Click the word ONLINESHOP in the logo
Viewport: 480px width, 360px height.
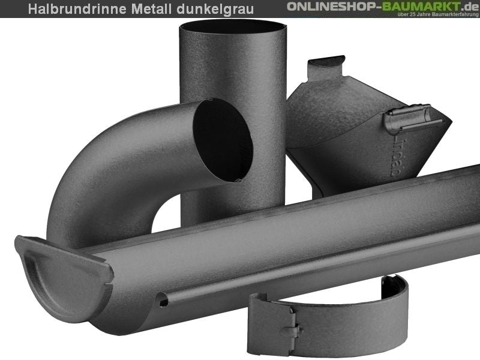click(x=334, y=6)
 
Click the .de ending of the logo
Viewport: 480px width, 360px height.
click(x=466, y=6)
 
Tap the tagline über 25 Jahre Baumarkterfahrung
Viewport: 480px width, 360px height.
click(x=432, y=14)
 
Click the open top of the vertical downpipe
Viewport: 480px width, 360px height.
click(x=233, y=26)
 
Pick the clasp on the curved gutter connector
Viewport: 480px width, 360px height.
click(x=290, y=329)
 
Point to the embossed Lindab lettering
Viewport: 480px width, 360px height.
click(x=395, y=157)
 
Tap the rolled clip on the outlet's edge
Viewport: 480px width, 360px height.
click(x=408, y=116)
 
